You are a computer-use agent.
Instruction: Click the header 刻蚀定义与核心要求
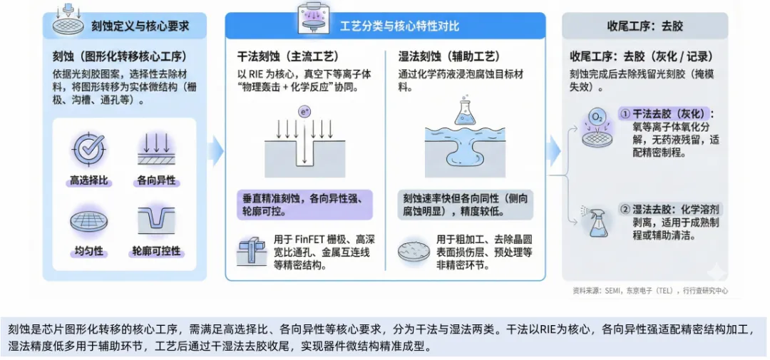(140, 26)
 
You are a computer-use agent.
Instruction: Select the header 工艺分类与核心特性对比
(399, 26)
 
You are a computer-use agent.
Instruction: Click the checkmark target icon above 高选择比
(89, 149)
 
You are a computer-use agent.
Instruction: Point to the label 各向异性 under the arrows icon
(155, 181)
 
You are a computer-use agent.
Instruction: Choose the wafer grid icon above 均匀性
(89, 222)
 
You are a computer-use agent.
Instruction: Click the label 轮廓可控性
(155, 252)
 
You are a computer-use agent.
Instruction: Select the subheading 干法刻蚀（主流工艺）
(287, 56)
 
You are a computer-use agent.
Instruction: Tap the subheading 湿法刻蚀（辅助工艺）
(451, 56)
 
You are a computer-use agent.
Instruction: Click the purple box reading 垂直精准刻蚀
(304, 204)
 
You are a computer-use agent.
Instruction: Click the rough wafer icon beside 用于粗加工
(413, 252)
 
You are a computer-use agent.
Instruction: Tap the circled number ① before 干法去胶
(625, 114)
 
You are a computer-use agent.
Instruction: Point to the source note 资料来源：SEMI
(650, 291)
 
